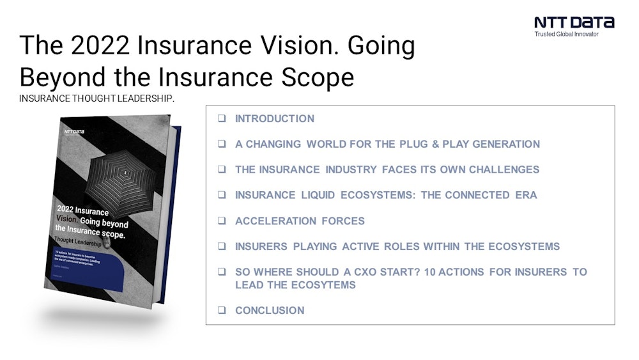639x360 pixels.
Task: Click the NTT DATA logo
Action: [x=574, y=22]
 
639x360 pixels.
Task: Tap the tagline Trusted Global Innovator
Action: [x=566, y=34]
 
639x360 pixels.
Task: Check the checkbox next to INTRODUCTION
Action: [x=221, y=119]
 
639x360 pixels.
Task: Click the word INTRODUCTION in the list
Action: [x=275, y=119]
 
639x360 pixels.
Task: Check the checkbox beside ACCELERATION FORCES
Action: [x=221, y=221]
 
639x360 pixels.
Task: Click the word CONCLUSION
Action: [x=270, y=311]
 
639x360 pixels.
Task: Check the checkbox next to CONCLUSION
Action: [x=221, y=311]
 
